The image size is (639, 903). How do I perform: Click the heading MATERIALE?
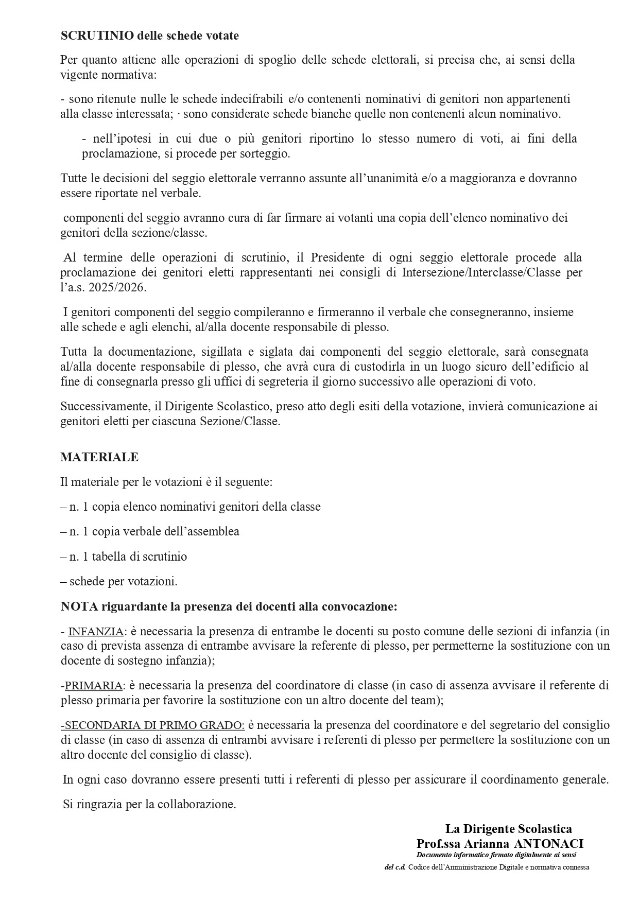coord(99,457)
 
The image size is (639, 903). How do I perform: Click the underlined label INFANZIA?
coord(96,631)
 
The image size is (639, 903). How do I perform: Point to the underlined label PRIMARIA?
coord(94,685)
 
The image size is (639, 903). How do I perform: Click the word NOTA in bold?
coord(75,606)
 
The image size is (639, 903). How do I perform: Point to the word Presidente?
coord(337,257)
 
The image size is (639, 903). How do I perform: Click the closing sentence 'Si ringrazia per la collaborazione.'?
coord(149,804)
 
